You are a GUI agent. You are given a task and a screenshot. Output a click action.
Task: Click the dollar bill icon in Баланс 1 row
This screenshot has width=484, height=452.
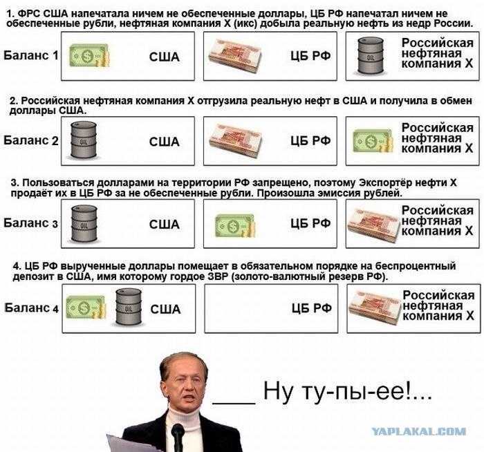click(x=89, y=56)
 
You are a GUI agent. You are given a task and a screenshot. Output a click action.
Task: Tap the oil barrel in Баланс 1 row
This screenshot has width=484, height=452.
click(x=371, y=56)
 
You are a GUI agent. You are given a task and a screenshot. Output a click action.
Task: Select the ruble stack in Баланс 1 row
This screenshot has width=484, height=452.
click(x=235, y=57)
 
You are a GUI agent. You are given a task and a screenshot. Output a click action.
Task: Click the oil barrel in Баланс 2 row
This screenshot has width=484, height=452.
click(x=84, y=140)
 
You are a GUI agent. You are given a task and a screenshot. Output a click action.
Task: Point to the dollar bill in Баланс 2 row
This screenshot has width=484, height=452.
click(x=373, y=141)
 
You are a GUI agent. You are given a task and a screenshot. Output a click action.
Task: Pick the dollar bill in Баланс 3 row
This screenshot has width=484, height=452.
click(x=235, y=226)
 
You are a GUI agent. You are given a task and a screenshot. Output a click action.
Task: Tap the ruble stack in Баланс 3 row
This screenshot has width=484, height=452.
click(x=374, y=225)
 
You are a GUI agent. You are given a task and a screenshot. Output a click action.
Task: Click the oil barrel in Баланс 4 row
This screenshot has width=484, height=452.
click(x=129, y=307)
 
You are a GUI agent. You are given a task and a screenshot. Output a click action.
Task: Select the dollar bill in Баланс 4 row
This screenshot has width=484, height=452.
click(x=86, y=308)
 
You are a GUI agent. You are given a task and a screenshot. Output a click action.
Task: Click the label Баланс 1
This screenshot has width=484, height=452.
click(x=31, y=55)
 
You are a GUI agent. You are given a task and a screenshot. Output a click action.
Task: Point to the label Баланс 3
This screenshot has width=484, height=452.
click(x=30, y=223)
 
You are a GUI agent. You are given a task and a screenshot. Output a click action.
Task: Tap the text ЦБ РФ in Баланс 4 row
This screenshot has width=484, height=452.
click(x=312, y=308)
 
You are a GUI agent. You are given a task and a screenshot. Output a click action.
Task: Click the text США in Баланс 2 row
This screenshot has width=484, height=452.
click(x=165, y=142)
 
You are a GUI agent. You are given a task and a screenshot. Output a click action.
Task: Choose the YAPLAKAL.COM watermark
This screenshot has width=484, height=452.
click(x=419, y=431)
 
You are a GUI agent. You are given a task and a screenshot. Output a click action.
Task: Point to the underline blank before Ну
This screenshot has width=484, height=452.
click(x=234, y=403)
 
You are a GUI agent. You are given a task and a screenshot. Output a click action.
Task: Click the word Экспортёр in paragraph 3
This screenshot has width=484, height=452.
click(x=384, y=182)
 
